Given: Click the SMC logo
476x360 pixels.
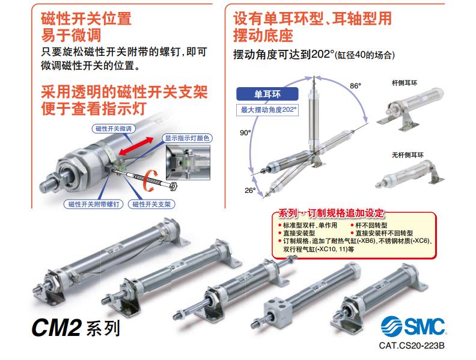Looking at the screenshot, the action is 413,326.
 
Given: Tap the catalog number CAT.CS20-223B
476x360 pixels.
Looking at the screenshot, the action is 411,346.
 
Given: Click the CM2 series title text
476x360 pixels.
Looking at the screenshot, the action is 76,328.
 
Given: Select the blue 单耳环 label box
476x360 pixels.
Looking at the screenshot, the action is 267,94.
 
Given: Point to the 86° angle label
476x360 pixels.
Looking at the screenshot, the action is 355,86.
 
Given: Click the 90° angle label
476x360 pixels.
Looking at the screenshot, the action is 245,133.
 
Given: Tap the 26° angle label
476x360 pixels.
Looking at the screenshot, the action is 250,191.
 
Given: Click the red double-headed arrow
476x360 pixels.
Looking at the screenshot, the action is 136,145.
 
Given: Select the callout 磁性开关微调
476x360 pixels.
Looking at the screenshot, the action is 114,129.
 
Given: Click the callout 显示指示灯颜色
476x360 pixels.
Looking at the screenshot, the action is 187,138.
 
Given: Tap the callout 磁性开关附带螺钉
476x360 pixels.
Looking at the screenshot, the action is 94,204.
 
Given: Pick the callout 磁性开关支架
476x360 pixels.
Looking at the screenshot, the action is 151,204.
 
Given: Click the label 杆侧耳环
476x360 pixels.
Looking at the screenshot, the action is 404,83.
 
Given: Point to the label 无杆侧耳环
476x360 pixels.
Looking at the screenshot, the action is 407,155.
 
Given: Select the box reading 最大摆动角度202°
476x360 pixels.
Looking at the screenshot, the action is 267,109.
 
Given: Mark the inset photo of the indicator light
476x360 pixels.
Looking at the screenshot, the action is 188,162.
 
